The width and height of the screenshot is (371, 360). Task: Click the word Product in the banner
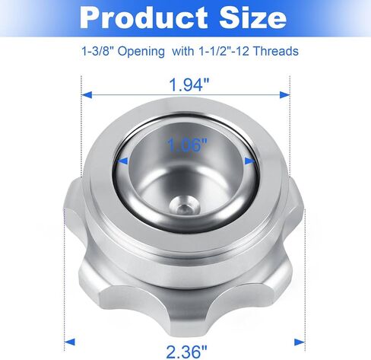pos(144,18)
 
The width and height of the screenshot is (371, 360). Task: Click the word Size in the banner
pos(253,18)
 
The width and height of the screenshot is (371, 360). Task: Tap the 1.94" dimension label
pos(189,84)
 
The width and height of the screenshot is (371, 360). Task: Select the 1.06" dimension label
pos(187,145)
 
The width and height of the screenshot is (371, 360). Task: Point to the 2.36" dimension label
pos(186,352)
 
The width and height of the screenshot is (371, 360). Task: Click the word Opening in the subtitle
pos(141,52)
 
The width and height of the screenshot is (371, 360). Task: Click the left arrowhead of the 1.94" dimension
pos(87,95)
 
